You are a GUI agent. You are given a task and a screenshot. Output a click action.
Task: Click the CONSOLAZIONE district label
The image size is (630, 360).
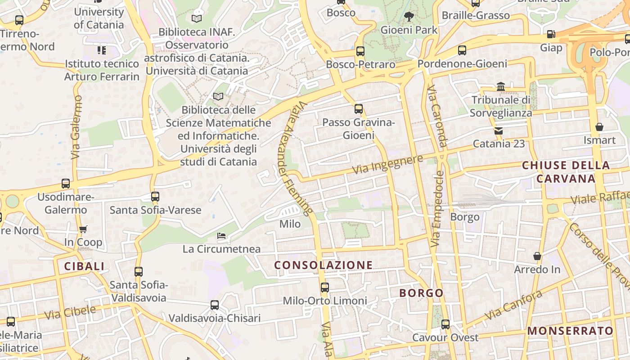click(x=324, y=265)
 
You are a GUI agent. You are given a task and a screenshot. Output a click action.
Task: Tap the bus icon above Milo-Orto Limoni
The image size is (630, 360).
click(x=325, y=287)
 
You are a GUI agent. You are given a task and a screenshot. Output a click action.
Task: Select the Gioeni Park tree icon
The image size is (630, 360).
click(x=409, y=17)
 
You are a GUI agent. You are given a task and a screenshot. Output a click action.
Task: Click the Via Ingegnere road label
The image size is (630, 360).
click(x=387, y=165)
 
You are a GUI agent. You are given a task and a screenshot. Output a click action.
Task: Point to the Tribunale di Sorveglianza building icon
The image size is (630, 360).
click(x=501, y=86)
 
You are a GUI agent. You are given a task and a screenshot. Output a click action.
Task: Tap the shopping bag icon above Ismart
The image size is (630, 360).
click(x=599, y=127)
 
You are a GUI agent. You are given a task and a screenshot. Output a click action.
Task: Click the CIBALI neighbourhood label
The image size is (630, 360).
click(x=84, y=266)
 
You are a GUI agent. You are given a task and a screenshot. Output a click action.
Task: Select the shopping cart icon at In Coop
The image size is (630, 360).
click(x=83, y=229)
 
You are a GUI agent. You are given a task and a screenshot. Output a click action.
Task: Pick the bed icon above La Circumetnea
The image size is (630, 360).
click(x=221, y=235)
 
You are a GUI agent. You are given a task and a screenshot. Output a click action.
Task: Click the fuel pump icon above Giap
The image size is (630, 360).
click(x=551, y=34)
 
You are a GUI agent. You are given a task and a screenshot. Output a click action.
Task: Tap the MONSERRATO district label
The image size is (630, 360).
click(x=570, y=331)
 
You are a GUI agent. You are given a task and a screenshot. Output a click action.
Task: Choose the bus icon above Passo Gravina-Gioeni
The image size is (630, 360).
click(x=358, y=109)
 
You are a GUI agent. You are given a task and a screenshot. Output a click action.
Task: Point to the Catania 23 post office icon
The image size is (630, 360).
click(x=499, y=131)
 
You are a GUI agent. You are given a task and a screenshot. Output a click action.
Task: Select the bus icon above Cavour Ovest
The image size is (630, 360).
click(x=445, y=324)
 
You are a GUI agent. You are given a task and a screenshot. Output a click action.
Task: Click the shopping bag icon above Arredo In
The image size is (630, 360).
click(x=537, y=256)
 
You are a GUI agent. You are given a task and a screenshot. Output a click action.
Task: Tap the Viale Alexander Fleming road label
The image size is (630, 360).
click(x=295, y=157)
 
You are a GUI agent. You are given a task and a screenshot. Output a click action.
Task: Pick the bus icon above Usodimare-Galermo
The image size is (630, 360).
click(x=66, y=184)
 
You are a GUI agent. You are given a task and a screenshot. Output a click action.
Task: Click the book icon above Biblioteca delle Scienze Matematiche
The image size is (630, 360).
click(x=218, y=96)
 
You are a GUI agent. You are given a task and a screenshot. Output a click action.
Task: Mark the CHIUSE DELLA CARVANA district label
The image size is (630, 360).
click(x=566, y=172)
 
